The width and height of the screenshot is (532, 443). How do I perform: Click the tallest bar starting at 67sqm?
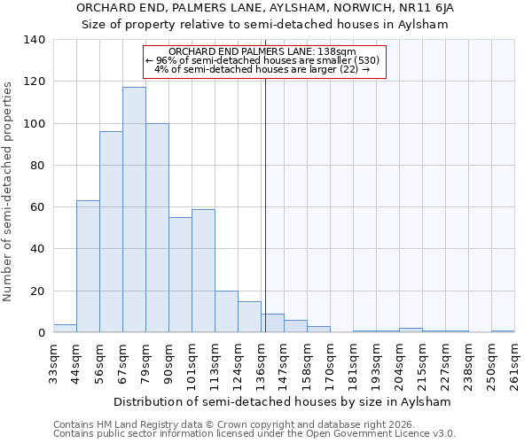pyautogui.click(x=134, y=210)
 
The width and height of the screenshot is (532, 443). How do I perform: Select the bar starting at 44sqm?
pyautogui.click(x=88, y=267)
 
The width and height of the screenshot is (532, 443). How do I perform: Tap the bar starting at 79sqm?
pyautogui.click(x=157, y=228)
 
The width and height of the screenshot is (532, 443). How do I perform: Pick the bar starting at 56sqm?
pyautogui.click(x=111, y=232)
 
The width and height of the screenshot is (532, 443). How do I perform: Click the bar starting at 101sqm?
pyautogui.click(x=203, y=271)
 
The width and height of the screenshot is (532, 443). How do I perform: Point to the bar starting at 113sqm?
pyautogui.click(x=226, y=312)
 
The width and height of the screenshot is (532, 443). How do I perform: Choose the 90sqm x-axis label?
pyautogui.click(x=168, y=361)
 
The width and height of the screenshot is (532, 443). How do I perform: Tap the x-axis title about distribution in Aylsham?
pyautogui.click(x=283, y=401)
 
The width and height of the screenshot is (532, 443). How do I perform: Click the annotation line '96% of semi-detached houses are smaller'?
pyautogui.click(x=262, y=60)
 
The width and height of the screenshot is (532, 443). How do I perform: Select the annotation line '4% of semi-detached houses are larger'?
pyautogui.click(x=262, y=69)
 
